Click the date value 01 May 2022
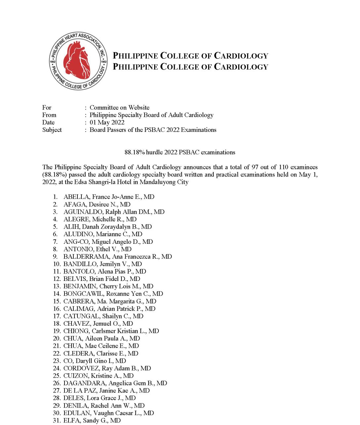click(x=107, y=122)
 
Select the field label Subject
click(x=52, y=130)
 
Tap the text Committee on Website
click(x=119, y=107)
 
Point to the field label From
click(x=49, y=115)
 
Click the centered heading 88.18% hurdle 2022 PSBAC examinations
click(x=180, y=152)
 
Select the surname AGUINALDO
click(x=83, y=212)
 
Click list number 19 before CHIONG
click(x=57, y=331)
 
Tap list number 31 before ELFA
click(x=57, y=420)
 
